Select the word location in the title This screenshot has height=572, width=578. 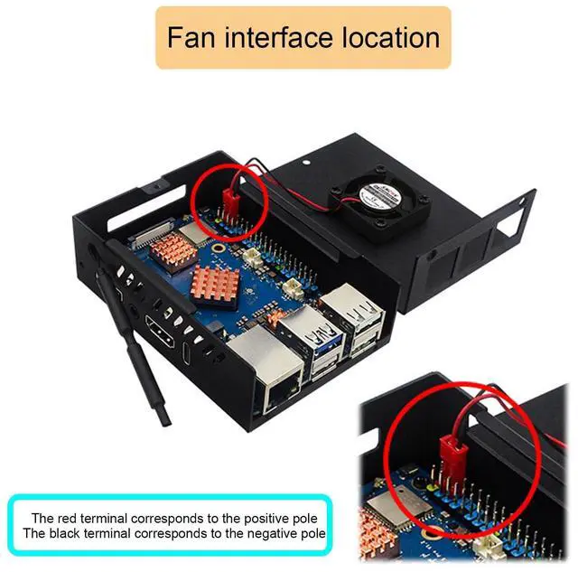coord(396,38)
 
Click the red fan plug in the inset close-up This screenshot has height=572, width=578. coord(447,449)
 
